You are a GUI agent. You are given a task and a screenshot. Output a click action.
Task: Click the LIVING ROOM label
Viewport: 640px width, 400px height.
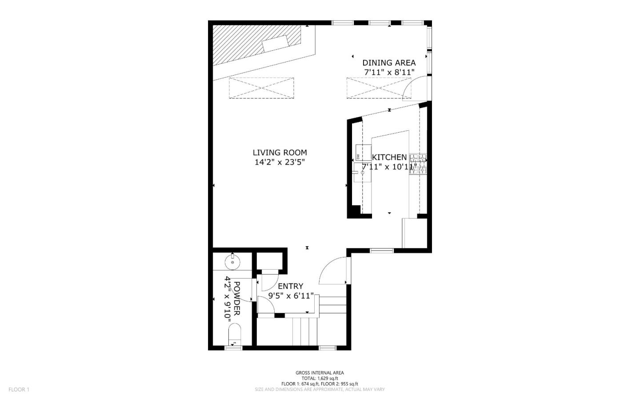point(280,153)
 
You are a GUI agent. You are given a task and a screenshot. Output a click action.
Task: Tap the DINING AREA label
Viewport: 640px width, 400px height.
point(389,63)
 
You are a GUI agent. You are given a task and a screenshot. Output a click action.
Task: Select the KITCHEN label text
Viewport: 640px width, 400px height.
point(389,157)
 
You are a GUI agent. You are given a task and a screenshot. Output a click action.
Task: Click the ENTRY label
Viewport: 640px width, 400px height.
point(290,286)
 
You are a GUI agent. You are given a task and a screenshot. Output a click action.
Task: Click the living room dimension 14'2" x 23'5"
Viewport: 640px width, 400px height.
point(280,162)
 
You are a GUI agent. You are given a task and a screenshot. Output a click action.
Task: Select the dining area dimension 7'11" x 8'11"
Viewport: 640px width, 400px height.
point(389,72)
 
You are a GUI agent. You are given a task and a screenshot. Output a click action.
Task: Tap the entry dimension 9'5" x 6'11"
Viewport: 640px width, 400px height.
point(291,295)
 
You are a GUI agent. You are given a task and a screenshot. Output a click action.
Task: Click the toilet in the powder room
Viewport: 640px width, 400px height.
point(234,334)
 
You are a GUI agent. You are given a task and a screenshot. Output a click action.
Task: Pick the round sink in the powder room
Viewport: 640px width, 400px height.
point(232,262)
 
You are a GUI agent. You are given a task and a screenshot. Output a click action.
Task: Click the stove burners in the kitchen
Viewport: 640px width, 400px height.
point(418,163)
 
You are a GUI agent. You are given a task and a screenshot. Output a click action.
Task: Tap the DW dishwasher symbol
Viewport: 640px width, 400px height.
point(358,156)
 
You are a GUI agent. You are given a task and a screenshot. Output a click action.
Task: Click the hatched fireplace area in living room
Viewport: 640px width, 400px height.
point(249,44)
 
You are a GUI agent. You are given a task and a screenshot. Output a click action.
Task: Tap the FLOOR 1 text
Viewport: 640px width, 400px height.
point(19,389)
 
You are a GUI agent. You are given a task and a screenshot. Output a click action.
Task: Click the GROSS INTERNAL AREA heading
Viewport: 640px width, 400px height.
point(320,373)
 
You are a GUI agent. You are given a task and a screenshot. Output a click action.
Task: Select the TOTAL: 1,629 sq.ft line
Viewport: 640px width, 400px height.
point(320,378)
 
